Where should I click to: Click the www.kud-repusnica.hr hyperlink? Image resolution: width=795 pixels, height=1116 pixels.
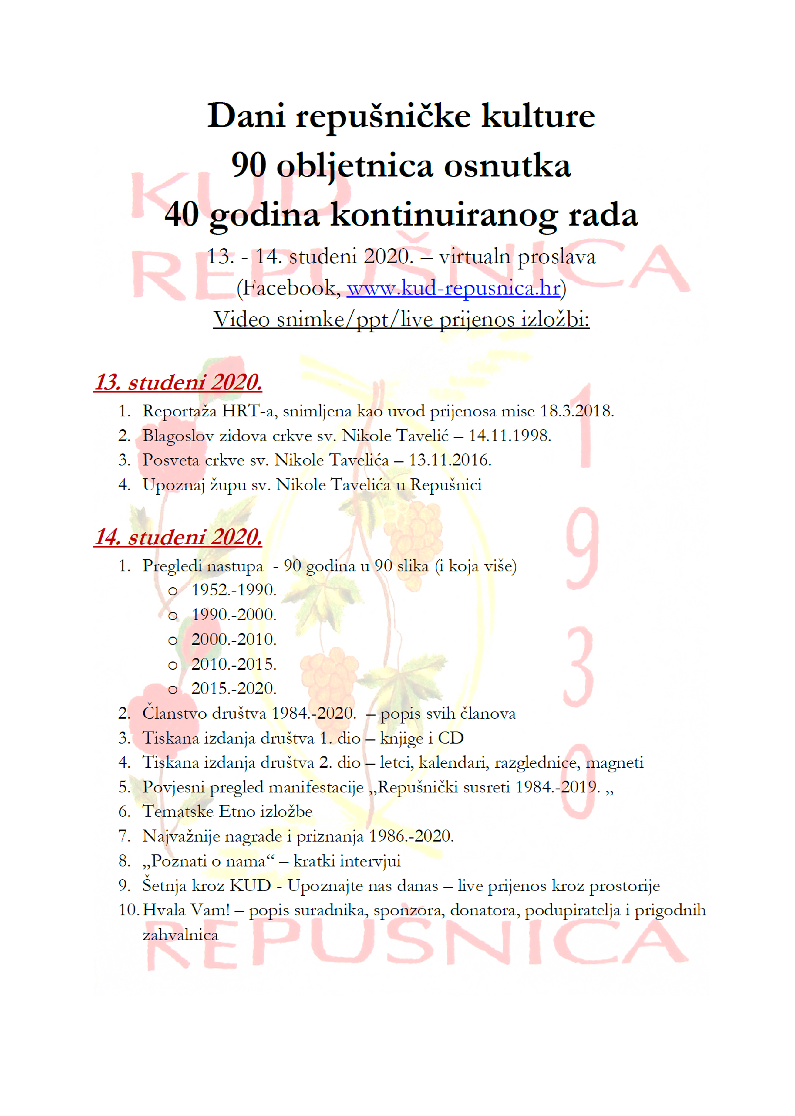(x=453, y=288)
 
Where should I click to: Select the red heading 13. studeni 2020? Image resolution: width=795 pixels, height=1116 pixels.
(x=178, y=382)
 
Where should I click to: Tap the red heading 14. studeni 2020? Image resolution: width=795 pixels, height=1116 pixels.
(x=178, y=537)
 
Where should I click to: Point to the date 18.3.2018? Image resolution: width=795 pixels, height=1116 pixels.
(x=577, y=411)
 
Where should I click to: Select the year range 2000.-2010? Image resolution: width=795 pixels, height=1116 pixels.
(x=234, y=639)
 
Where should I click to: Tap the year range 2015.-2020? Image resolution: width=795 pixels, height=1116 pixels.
(x=234, y=688)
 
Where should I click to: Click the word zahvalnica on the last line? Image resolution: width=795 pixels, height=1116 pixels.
(x=180, y=935)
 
